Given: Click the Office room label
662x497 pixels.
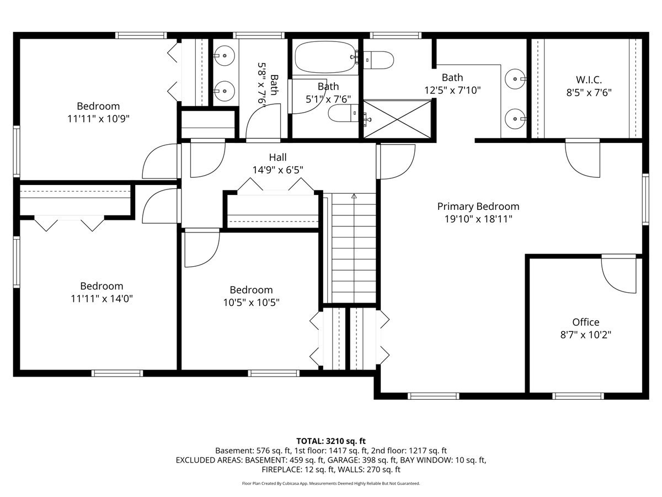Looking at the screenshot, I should pos(585,322).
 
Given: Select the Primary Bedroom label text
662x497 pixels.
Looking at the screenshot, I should pos(478,207).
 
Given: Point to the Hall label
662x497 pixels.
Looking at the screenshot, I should pos(277,158).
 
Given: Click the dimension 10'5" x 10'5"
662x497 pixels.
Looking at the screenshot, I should pos(251,302).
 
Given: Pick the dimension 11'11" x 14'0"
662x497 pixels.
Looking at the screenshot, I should pos(102,299).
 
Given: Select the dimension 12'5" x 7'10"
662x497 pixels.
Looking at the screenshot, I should pos(452,90).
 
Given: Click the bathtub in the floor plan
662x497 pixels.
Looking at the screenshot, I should pos(324,58).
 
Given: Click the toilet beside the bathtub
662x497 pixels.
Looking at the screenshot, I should pos(377,59).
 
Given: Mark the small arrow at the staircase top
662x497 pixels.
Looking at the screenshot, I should pos(354,195).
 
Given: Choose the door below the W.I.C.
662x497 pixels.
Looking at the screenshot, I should pos(582,158).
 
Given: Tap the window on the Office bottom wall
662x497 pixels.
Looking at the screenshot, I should pos(578,395).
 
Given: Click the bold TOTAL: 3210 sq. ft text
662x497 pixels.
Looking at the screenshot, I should pos(331,441).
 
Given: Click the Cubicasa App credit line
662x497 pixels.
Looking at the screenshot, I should pos(331,483).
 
